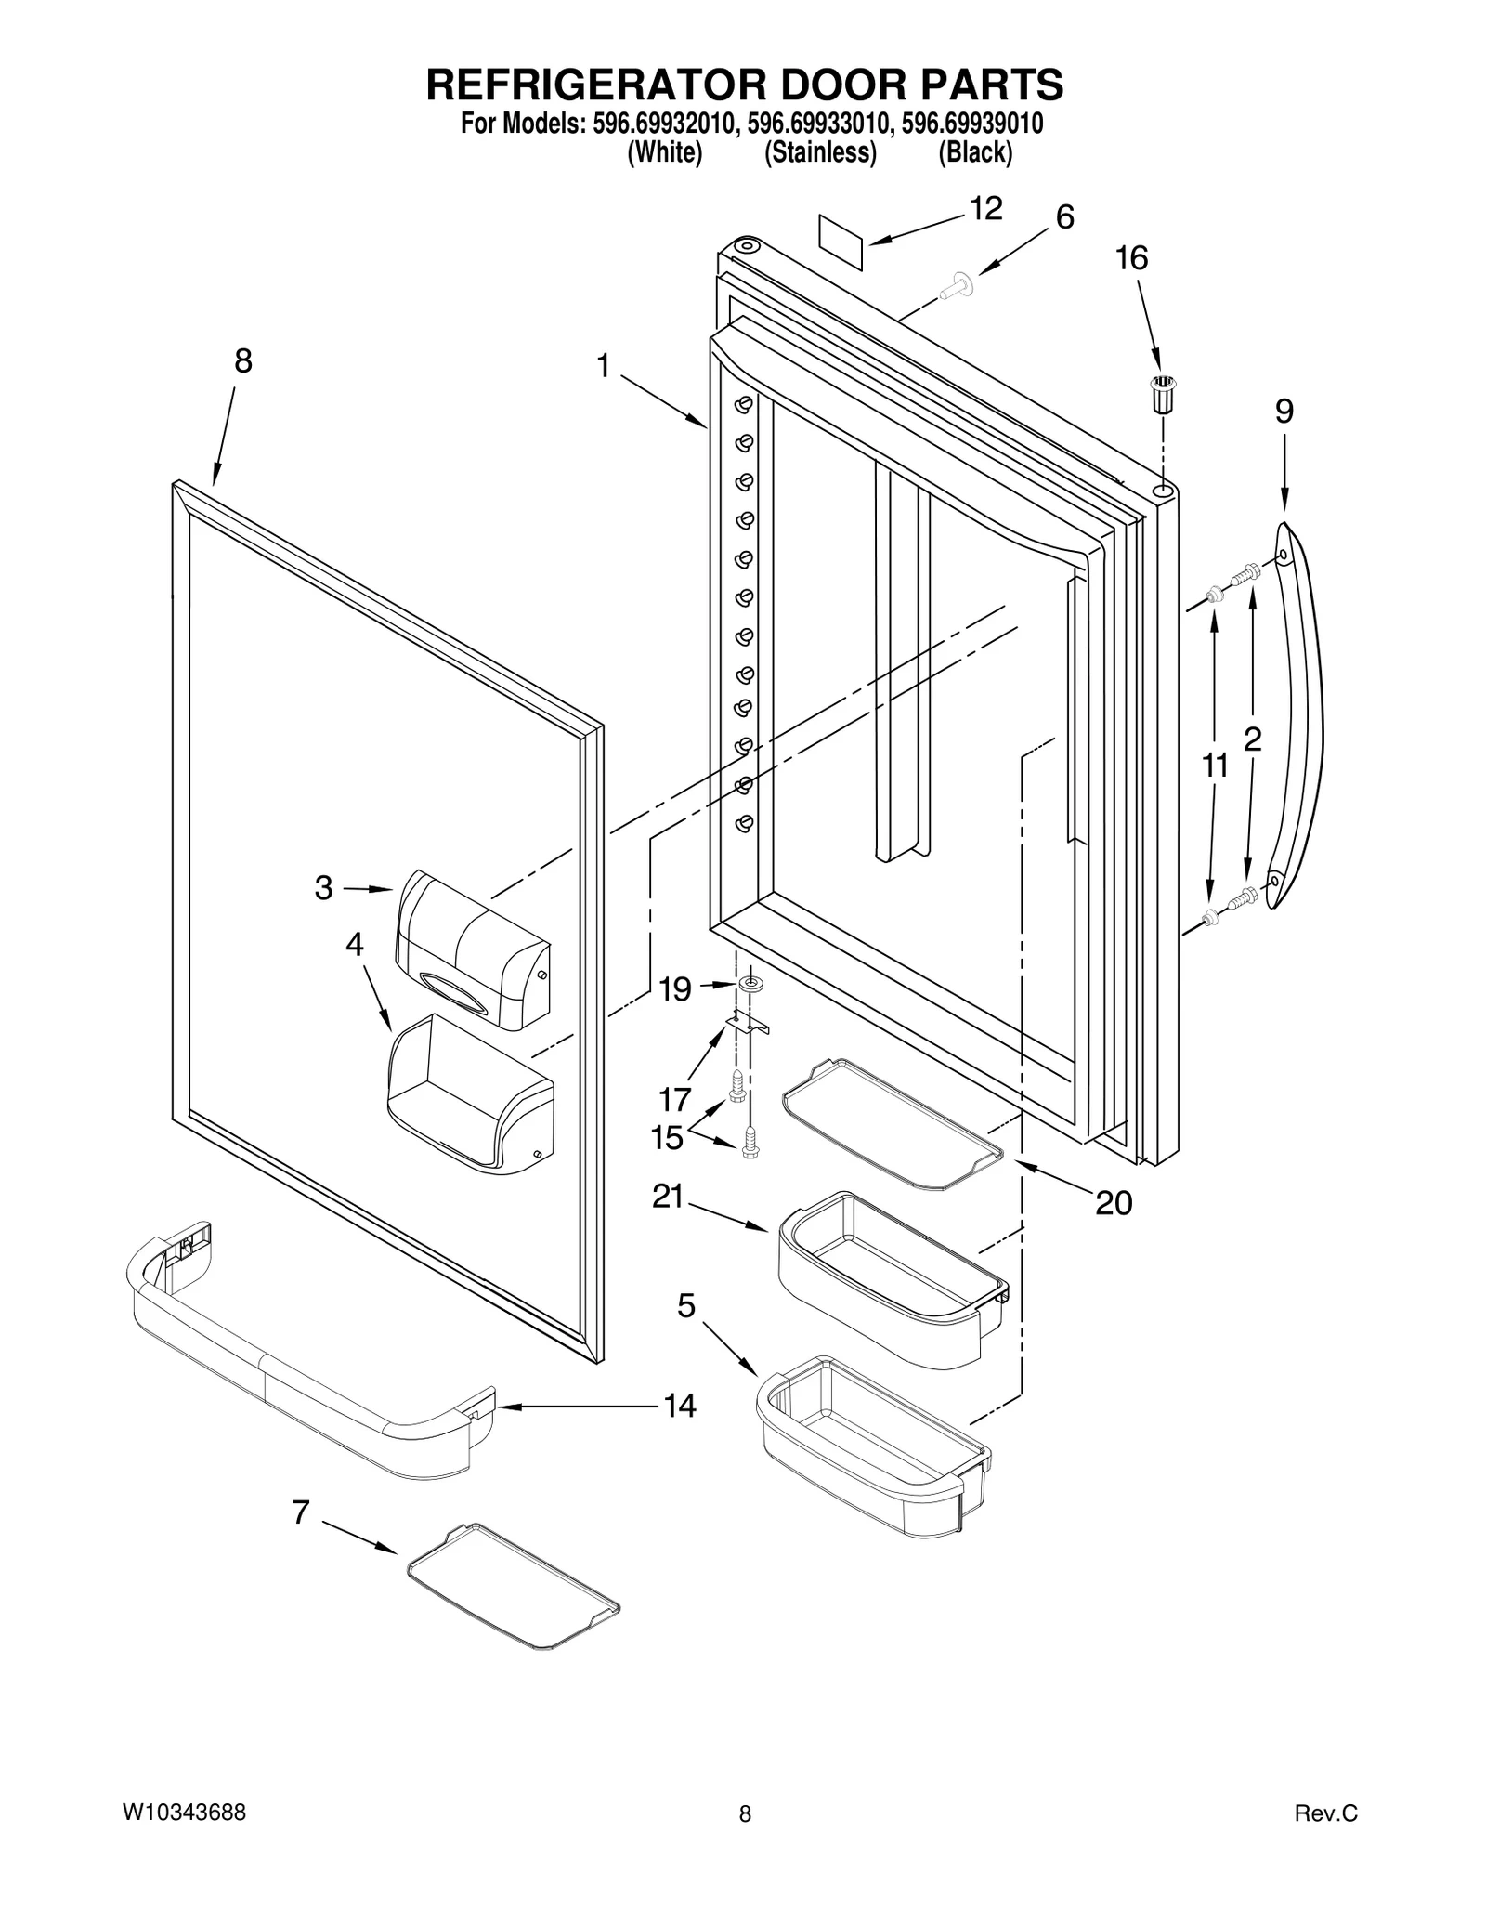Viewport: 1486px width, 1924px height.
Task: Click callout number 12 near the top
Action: [985, 209]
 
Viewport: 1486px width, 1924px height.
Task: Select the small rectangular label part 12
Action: [841, 242]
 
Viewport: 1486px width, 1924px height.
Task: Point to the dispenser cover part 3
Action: [472, 951]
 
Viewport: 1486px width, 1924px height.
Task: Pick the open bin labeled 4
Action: [469, 1096]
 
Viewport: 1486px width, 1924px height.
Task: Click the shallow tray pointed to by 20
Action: [892, 1123]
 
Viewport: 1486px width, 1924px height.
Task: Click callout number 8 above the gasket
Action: [242, 361]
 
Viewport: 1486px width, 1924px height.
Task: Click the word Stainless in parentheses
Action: [820, 152]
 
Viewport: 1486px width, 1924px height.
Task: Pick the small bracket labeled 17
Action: [749, 1026]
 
